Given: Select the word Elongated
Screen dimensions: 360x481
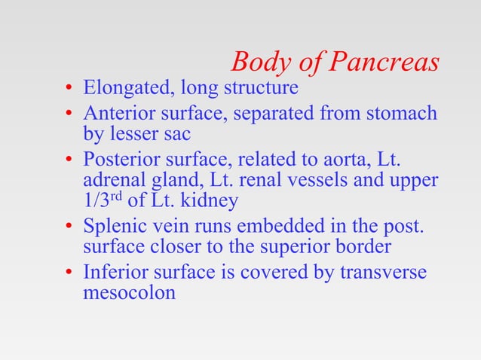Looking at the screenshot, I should tap(124, 89).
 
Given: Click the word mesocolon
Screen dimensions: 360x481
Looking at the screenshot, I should tap(129, 292).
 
